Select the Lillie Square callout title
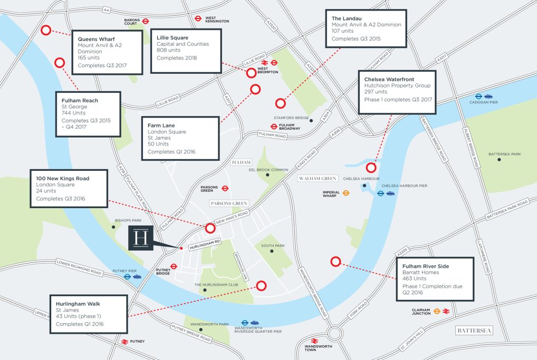(172, 37)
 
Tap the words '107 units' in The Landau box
(342, 31)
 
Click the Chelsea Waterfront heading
(389, 79)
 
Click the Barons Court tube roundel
(146, 22)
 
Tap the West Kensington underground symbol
(198, 17)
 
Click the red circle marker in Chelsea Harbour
(371, 168)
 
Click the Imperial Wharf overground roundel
(347, 193)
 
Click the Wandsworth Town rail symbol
(314, 341)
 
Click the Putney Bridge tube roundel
(174, 267)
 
